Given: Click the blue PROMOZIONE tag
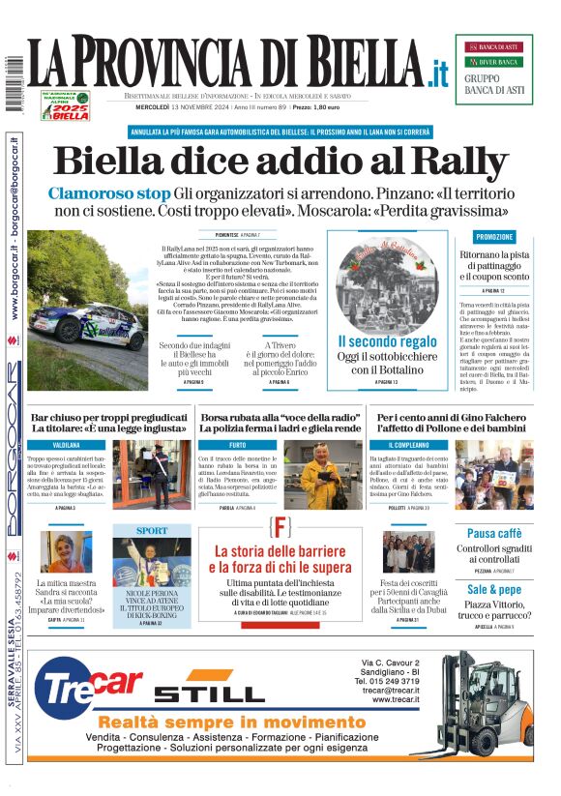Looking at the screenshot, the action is pos(494,237).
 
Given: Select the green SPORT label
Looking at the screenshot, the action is pos(151,531).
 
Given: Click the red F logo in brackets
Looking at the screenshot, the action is pos(280,528).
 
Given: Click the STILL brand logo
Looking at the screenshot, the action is pos(209,693).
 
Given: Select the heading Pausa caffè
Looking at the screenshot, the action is pos(494,533).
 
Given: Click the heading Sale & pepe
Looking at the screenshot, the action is pos(494,589).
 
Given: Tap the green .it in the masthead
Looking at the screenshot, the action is pos(438,73).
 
